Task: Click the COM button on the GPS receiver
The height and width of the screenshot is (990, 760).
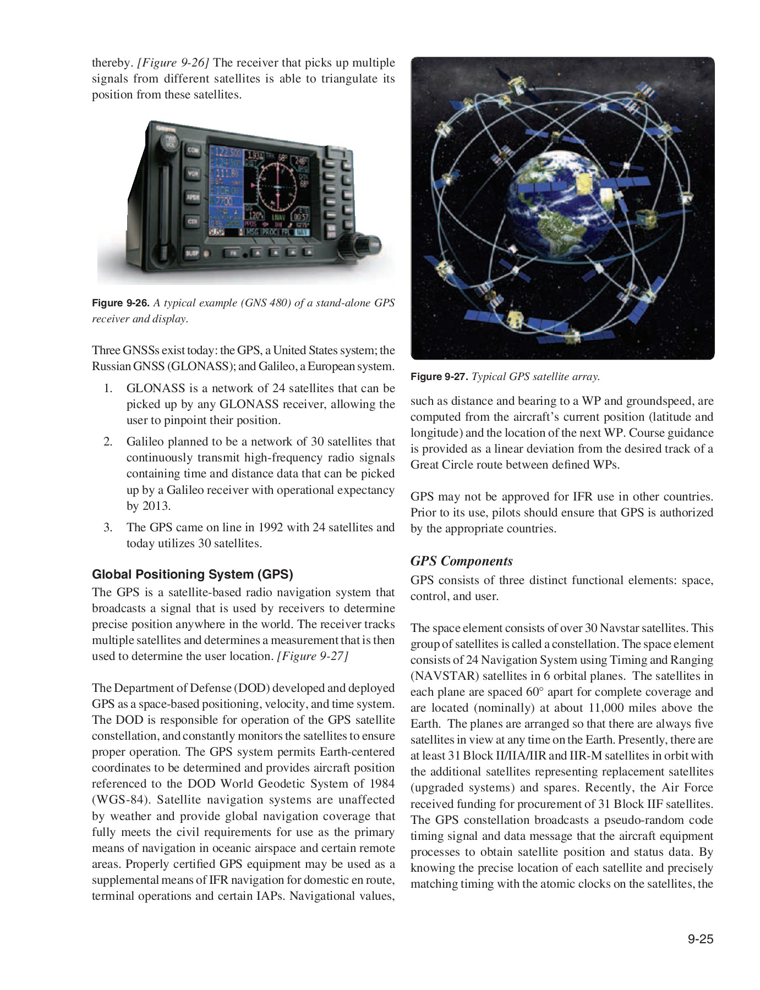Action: click(192, 150)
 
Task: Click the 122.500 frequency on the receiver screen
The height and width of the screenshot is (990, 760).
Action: click(227, 152)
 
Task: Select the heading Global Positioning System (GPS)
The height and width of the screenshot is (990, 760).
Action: click(192, 574)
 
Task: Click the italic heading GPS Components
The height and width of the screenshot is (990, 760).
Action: click(461, 561)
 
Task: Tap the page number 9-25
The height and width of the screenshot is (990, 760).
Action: click(699, 939)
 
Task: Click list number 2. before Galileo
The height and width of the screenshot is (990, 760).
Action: click(108, 442)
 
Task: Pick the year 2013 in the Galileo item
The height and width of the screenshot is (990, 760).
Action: click(156, 505)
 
